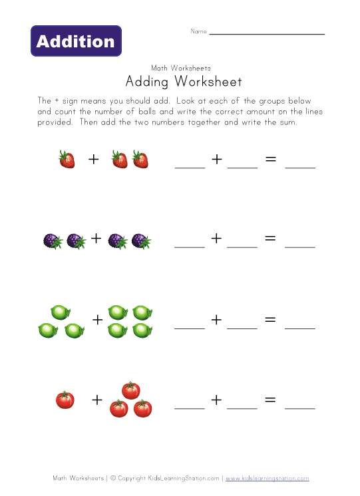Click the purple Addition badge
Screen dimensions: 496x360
(x=76, y=41)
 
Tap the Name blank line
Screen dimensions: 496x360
(x=267, y=33)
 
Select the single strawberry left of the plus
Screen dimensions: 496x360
(x=67, y=160)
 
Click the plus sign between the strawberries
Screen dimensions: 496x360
(x=94, y=160)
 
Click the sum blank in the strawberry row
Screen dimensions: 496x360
(x=300, y=167)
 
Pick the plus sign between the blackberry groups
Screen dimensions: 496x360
(x=96, y=238)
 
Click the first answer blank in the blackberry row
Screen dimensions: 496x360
(x=190, y=246)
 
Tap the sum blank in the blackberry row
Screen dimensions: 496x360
(x=300, y=246)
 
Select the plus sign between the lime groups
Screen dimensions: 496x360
(x=98, y=319)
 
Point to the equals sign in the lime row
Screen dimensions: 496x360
(x=270, y=319)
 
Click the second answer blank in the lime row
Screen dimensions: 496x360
(x=242, y=327)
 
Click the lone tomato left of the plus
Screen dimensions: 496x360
(x=65, y=400)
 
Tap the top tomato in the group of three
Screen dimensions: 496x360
(x=131, y=390)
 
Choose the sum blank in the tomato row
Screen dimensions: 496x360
(x=300, y=407)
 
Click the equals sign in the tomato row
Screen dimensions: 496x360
(x=270, y=400)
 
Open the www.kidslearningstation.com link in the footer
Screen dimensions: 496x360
(x=267, y=478)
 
